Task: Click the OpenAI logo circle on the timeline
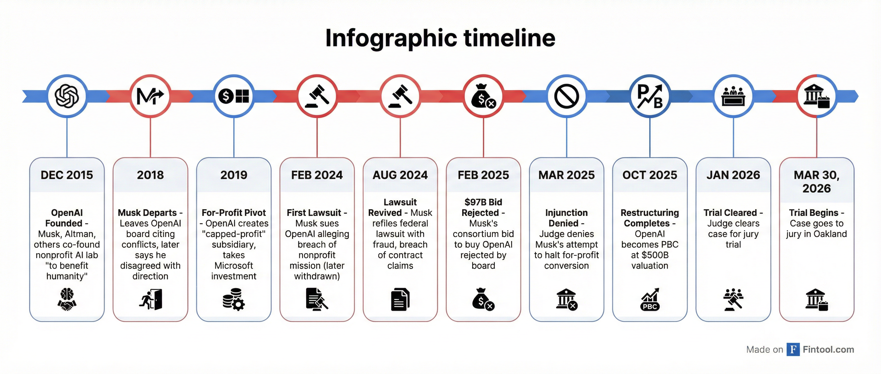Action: (x=67, y=96)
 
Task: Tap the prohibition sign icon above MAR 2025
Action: (x=566, y=96)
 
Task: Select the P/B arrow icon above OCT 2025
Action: (x=650, y=96)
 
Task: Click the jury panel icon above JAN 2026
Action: (x=733, y=96)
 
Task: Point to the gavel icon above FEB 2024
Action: (x=317, y=96)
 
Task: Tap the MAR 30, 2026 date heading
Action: (x=817, y=182)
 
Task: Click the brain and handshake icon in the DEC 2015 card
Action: (x=67, y=299)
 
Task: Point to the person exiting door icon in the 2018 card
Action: (x=150, y=299)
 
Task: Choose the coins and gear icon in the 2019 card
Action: (x=234, y=299)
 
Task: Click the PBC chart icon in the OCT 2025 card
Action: (x=650, y=299)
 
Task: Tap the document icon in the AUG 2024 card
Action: (x=400, y=299)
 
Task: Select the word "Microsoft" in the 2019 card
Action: (x=234, y=265)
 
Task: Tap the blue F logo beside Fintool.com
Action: (x=793, y=349)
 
